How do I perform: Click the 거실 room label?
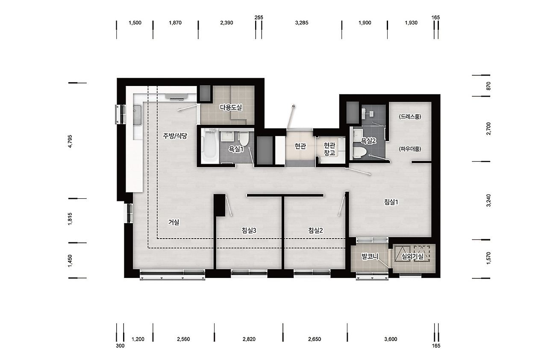[x=174, y=222]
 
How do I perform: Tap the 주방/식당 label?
[x=175, y=136]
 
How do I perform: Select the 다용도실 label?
[x=231, y=107]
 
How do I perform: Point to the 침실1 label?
[x=391, y=202]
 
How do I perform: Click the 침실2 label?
[x=315, y=230]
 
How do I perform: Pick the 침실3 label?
[x=249, y=230]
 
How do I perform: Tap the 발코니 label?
[x=370, y=257]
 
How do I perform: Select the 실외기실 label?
[x=412, y=257]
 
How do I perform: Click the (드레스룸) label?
[x=410, y=117]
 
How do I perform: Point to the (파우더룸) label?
[x=410, y=149]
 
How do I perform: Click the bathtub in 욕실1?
[x=210, y=145]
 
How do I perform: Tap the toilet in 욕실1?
[x=244, y=139]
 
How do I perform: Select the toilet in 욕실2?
[x=360, y=152]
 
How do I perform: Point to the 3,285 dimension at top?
[x=302, y=23]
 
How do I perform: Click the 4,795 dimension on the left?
[x=70, y=142]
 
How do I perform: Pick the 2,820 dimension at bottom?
[x=249, y=339]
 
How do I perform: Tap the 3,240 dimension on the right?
[x=488, y=201]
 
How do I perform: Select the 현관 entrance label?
[x=300, y=146]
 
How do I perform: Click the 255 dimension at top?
[x=259, y=18]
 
